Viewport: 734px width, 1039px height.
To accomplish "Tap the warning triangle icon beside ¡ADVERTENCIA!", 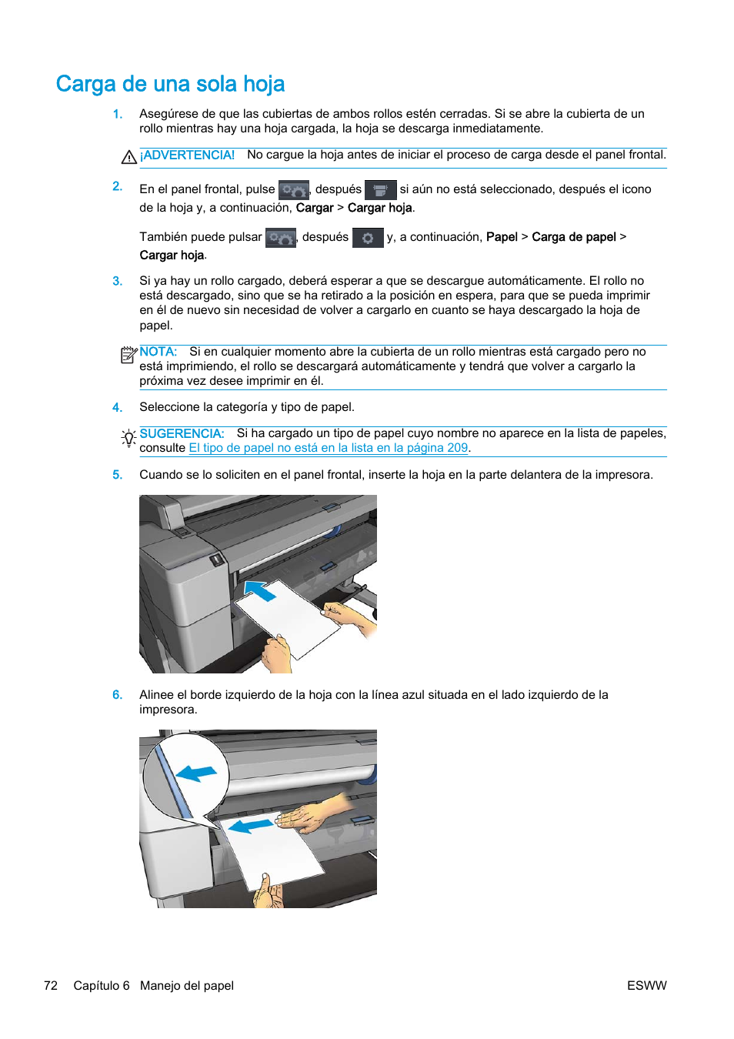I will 128,157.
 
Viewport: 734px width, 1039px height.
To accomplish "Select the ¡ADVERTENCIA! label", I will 187,155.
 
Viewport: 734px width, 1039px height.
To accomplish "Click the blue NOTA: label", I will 158,352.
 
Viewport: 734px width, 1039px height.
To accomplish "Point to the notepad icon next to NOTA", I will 128,355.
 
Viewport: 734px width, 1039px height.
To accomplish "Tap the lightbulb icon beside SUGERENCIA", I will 128,438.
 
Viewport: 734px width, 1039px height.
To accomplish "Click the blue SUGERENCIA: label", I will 182,433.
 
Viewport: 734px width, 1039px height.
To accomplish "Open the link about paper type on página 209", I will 329,448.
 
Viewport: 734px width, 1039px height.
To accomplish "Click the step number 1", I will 117,114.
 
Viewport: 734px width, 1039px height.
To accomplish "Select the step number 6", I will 117,695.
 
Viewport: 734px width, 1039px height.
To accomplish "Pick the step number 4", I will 117,407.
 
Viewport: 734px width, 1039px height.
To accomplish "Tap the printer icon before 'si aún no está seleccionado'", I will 380,190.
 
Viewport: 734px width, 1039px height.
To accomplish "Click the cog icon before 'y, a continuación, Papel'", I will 368,238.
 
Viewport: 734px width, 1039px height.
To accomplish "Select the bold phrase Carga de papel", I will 574,237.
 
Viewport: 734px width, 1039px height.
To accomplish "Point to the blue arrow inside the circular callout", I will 196,773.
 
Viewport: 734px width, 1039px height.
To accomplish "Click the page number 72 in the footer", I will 51,986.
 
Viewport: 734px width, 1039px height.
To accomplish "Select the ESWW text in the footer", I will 646,986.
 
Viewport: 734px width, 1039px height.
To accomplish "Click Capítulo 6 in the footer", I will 102,986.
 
